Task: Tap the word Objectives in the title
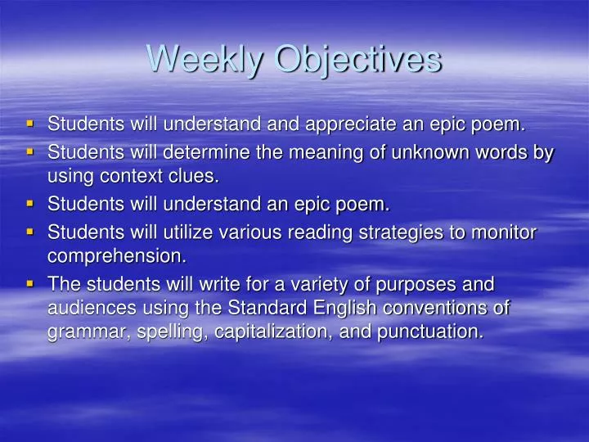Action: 356,59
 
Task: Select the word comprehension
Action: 116,256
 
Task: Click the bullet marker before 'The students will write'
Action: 30,283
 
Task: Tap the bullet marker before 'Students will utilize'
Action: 30,232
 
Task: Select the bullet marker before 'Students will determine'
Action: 30,151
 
